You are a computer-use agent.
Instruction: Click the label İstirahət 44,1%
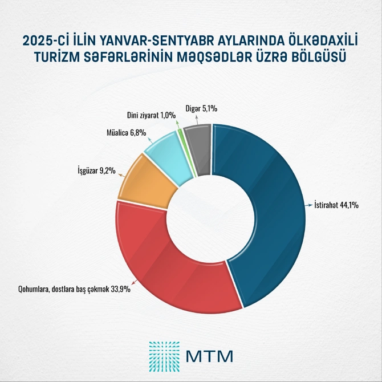click(336, 205)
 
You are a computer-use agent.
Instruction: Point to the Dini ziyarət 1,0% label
click(152, 115)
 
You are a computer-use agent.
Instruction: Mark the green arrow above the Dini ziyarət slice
click(178, 123)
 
